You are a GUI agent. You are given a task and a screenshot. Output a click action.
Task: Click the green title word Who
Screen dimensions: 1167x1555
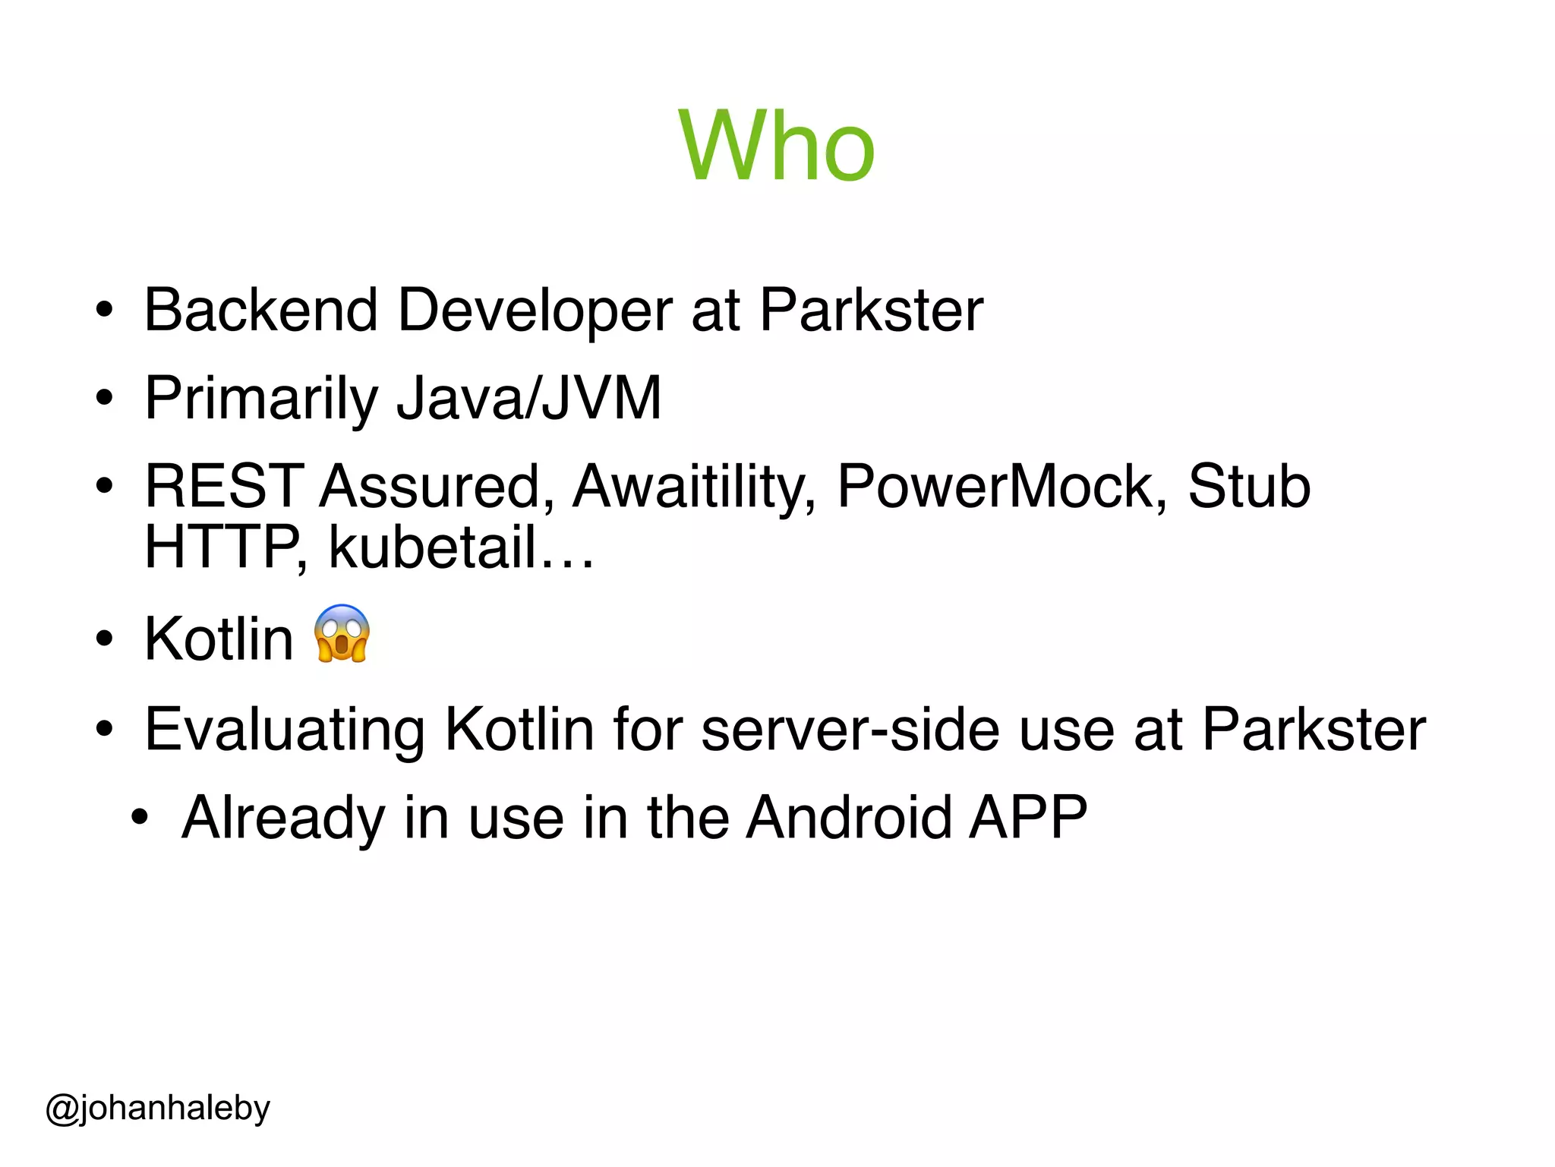point(776,146)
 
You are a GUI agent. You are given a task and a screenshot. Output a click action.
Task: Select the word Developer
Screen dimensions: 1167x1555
point(535,311)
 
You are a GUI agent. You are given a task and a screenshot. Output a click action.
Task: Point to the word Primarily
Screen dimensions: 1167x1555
point(260,399)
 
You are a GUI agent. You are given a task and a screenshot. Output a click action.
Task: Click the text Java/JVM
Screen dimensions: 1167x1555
point(529,398)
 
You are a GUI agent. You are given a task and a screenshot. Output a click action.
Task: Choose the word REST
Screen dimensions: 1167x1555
point(224,486)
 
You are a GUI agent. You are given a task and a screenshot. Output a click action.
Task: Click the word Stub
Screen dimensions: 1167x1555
point(1249,486)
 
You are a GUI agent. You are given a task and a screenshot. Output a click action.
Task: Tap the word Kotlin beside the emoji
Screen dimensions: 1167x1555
point(219,639)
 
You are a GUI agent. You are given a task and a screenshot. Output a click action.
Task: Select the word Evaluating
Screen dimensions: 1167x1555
point(285,730)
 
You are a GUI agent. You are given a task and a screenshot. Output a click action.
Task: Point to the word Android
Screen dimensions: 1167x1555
point(848,817)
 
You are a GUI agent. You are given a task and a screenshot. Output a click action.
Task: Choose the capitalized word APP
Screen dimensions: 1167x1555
point(1028,817)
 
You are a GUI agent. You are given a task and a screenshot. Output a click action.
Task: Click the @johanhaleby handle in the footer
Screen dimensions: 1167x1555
point(158,1108)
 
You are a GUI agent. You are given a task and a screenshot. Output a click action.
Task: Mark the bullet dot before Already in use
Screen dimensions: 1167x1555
point(139,818)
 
